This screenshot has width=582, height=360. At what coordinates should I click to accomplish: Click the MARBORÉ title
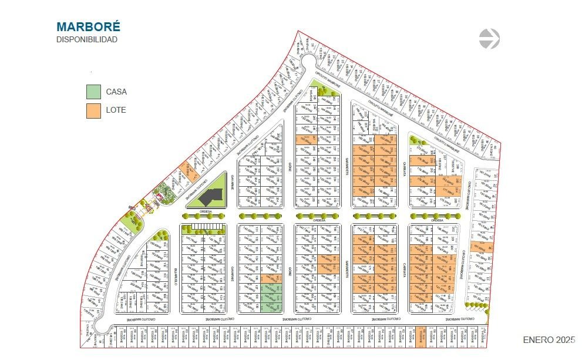tap(88, 26)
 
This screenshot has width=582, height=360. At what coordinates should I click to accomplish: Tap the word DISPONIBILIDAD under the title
tap(87, 40)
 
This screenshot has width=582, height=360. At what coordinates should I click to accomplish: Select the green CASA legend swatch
tap(93, 92)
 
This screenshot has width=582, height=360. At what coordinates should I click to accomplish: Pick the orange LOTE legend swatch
tap(93, 110)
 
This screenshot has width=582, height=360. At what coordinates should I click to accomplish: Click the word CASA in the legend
tap(116, 92)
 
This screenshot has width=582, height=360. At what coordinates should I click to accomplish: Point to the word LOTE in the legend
tap(116, 110)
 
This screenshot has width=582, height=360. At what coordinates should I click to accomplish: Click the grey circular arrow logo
tap(489, 39)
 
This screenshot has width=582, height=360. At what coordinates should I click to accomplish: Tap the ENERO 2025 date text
tap(549, 340)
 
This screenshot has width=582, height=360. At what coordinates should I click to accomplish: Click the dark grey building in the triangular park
tap(213, 194)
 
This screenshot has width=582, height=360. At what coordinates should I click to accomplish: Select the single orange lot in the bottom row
tap(420, 336)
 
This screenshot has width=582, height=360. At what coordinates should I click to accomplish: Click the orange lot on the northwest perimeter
tap(189, 169)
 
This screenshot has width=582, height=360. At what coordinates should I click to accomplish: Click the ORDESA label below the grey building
tap(206, 211)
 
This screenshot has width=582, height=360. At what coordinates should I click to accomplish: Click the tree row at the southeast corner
tap(476, 305)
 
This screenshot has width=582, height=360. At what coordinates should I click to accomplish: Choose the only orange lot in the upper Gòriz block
tap(304, 140)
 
